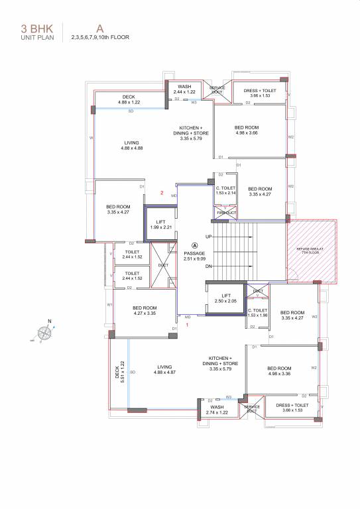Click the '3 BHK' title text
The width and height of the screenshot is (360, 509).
pyautogui.click(x=33, y=28)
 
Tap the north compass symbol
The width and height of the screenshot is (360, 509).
pyautogui.click(x=47, y=333)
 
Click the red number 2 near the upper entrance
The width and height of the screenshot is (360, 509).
pyautogui.click(x=161, y=193)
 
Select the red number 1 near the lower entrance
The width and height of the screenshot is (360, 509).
pyautogui.click(x=188, y=325)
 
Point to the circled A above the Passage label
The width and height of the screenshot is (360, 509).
pyautogui.click(x=194, y=245)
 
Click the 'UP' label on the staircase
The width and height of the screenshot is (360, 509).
pyautogui.click(x=209, y=237)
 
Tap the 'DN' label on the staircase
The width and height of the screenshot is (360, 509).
pyautogui.click(x=209, y=267)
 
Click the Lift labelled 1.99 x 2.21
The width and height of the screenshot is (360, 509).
pyautogui.click(x=160, y=225)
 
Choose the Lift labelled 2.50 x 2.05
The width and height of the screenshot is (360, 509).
pyautogui.click(x=225, y=298)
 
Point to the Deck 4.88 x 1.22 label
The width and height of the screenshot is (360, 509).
pyautogui.click(x=129, y=100)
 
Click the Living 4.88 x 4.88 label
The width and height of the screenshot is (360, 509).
pyautogui.click(x=132, y=145)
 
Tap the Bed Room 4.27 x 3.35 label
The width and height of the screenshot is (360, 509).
pyautogui.click(x=144, y=310)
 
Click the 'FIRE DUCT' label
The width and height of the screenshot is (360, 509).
pyautogui.click(x=226, y=213)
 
